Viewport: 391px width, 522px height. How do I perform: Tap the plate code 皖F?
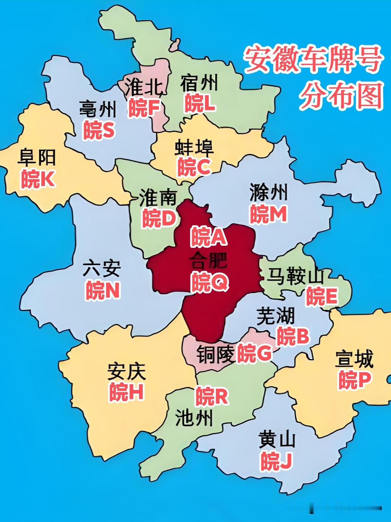tap(144, 108)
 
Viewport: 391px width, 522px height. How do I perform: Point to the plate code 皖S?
tap(99, 130)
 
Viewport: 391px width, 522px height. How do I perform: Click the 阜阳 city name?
tap(37, 157)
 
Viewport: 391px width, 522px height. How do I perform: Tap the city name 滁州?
tap(269, 192)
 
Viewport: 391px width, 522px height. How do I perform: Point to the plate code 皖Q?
tap(209, 282)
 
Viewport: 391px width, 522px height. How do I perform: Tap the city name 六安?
tap(102, 268)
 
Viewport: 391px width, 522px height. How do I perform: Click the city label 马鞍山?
tap(295, 276)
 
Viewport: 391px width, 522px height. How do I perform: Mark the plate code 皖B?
tap(293, 336)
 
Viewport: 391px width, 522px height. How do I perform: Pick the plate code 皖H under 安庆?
tap(126, 392)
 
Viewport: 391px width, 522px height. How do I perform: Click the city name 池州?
tap(194, 418)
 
